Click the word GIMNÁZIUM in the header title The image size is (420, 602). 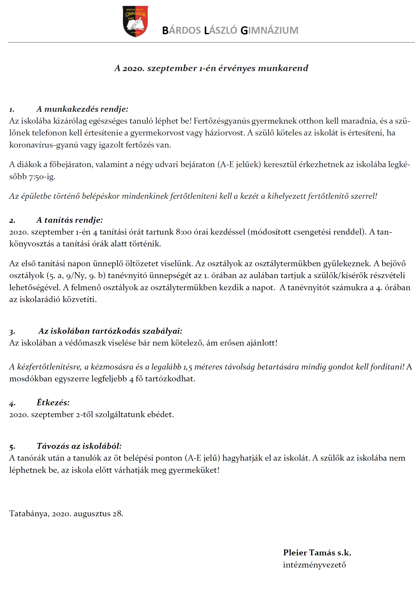pos(269,30)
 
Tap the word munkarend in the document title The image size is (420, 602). pos(283,68)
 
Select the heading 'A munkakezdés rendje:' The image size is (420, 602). pos(82,109)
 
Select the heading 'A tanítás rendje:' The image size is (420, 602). pos(69,220)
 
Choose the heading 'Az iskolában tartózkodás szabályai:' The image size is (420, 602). pos(110,331)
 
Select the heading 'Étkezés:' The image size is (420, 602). pos(53,402)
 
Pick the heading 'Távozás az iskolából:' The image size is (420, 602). pos(79,446)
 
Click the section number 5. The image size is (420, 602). pos(12,446)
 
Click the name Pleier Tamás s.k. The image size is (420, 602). pos(317,553)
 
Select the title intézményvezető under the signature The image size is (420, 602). pos(314,564)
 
